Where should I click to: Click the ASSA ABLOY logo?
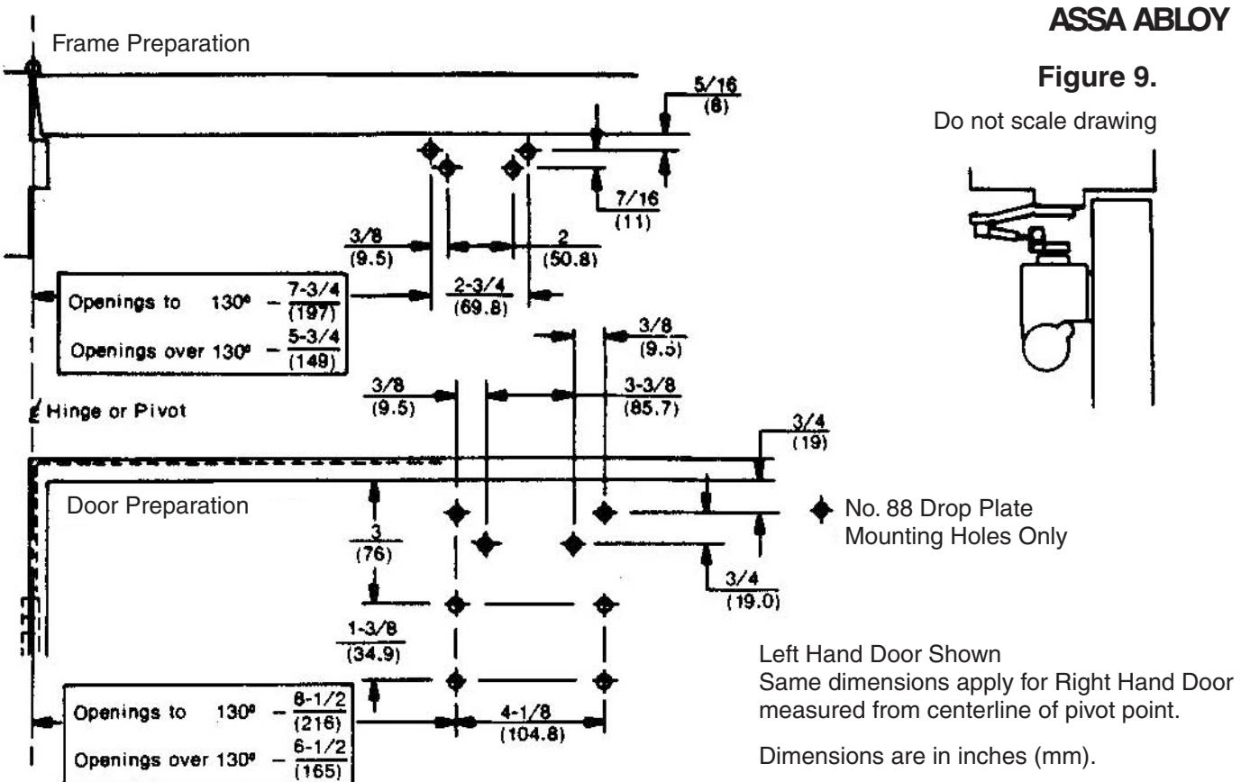point(1138,20)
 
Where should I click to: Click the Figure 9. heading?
point(1097,77)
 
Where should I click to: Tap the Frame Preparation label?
point(151,43)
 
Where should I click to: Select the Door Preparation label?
point(158,505)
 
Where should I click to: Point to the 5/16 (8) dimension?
point(716,95)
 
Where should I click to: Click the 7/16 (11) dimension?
point(636,210)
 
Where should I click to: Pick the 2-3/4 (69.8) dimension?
point(479,296)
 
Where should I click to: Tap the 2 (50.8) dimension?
point(570,249)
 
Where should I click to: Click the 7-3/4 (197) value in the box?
point(314,301)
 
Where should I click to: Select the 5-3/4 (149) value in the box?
point(313,349)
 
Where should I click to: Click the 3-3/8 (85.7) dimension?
point(651,396)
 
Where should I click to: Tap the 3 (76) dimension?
point(375,543)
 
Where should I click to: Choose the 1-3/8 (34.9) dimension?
point(372,642)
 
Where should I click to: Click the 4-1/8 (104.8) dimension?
point(532,723)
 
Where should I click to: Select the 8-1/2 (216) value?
point(319,711)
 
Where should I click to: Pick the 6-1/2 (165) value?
point(319,759)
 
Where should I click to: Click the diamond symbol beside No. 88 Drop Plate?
point(821,509)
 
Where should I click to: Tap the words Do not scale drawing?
point(1045,122)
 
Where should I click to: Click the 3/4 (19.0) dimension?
point(752,590)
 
